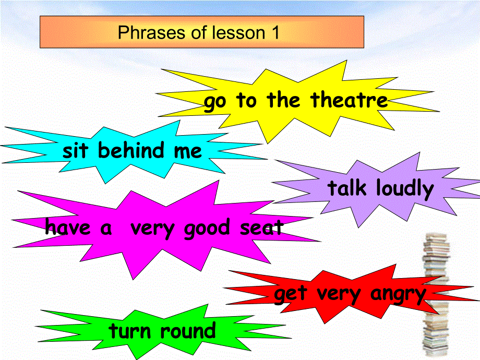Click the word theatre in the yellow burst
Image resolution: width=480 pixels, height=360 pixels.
(x=349, y=100)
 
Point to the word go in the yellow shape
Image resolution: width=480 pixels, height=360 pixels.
(x=215, y=102)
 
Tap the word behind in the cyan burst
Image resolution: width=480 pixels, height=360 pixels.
(x=131, y=151)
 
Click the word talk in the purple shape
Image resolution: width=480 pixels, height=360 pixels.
(x=347, y=188)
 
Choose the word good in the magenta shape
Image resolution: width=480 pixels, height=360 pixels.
(x=207, y=229)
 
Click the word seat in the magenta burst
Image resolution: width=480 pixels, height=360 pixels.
(x=262, y=228)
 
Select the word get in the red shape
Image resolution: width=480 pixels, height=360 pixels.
(x=290, y=294)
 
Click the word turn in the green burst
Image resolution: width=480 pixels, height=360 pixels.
(x=130, y=331)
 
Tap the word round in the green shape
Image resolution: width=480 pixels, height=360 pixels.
(x=187, y=331)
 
